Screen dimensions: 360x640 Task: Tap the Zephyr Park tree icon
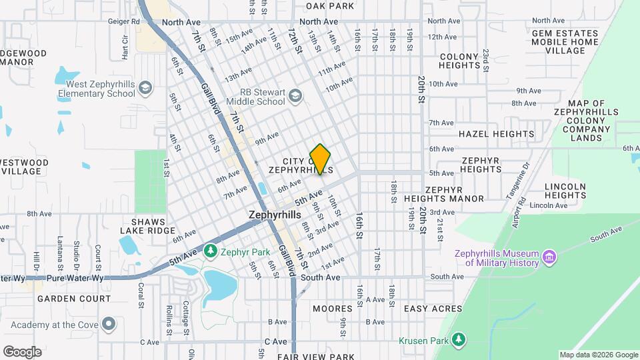[211, 251]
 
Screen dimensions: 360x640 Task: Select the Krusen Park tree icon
[458, 340]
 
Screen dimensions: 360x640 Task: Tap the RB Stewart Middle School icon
[294, 97]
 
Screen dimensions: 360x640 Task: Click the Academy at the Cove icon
[109, 325]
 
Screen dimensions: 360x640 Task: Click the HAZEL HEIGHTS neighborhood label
[496, 134]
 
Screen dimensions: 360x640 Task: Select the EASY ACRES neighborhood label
[433, 309]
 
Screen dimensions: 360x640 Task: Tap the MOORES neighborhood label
[332, 309]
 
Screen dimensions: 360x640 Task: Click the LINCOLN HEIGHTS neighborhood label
[565, 191]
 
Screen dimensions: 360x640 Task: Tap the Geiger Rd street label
[123, 21]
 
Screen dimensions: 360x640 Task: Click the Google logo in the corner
[22, 351]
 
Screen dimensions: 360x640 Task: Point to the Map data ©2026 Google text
[598, 355]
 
